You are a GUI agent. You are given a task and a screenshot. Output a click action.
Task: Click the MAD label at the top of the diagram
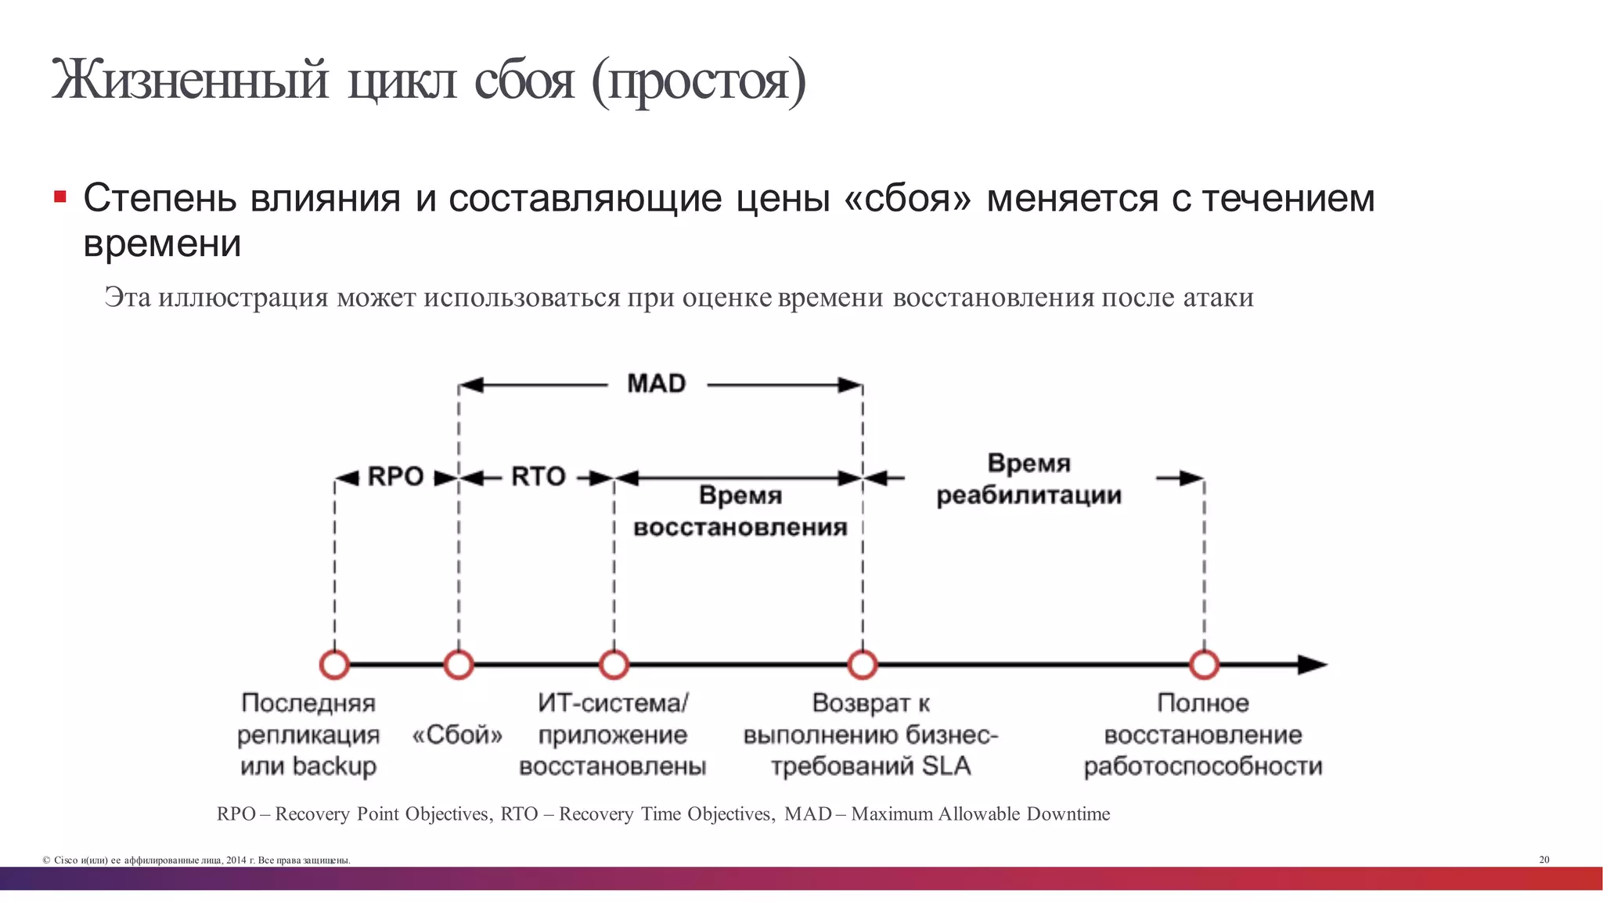coord(656,384)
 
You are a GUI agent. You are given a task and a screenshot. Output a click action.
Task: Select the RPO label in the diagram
coord(395,476)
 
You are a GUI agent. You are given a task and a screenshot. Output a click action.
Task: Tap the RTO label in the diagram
coord(538,476)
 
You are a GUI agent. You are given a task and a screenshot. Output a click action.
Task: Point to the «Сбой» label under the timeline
coord(457,735)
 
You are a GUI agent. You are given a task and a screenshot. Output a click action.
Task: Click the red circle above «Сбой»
coord(459,665)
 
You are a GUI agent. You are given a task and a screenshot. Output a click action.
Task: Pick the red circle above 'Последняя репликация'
coord(335,665)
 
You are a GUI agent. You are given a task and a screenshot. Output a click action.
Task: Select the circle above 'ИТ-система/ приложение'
coord(614,665)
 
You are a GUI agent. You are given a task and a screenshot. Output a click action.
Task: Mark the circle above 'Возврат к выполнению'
coord(863,665)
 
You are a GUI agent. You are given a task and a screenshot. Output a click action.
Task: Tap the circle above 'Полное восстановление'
coord(1204,665)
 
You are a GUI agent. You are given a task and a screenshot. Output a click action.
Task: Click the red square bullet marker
coord(60,196)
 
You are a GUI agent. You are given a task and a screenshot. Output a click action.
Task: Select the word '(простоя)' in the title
coord(697,81)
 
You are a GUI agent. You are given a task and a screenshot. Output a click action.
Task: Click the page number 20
coord(1544,860)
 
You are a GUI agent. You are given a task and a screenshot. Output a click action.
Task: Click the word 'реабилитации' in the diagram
coord(1028,496)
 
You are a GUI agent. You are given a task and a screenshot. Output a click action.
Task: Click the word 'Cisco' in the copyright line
coord(66,861)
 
